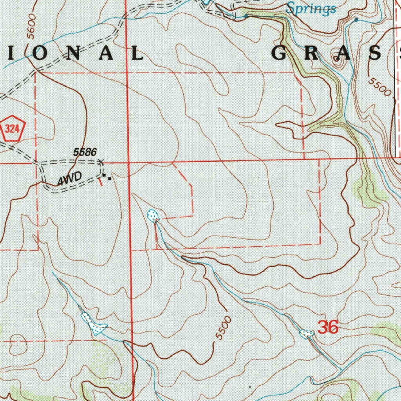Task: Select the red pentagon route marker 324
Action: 13,130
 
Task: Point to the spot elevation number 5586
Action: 85,152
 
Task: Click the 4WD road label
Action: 69,180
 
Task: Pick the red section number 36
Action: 328,327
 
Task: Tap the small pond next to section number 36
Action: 306,334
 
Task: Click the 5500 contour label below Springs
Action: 380,87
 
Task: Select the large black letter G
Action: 281,53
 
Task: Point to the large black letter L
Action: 137,53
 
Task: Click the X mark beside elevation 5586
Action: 101,161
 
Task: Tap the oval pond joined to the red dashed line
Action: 153,215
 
